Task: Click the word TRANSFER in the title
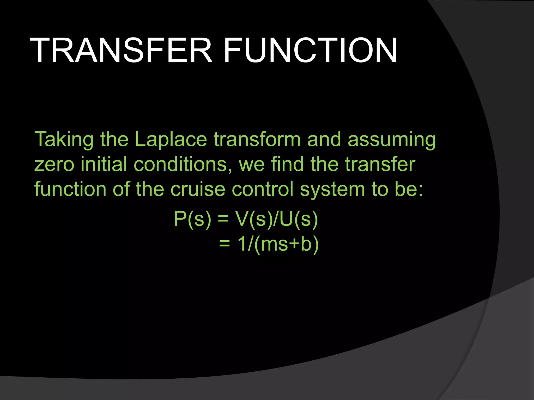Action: pos(121,51)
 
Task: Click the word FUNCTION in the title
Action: pos(310,51)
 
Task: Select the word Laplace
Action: pos(171,140)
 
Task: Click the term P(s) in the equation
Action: pos(192,219)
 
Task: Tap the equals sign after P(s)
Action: pos(223,219)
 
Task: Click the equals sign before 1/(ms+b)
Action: pos(224,244)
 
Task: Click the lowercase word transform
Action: pos(257,140)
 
